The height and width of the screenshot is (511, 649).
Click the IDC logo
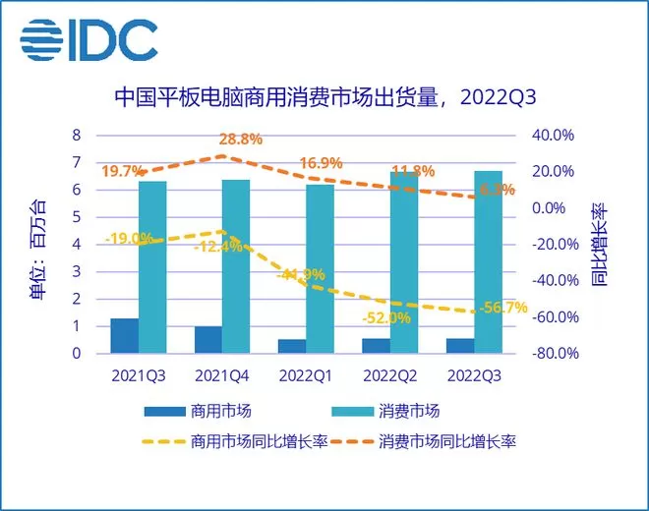(x=88, y=41)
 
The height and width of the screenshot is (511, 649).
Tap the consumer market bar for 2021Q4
(x=236, y=265)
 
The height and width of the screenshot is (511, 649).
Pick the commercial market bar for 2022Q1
(x=292, y=345)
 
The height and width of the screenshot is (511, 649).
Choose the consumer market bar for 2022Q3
(x=489, y=261)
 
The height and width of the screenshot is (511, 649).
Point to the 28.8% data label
(x=241, y=140)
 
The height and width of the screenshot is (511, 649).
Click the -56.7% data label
(x=506, y=308)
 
